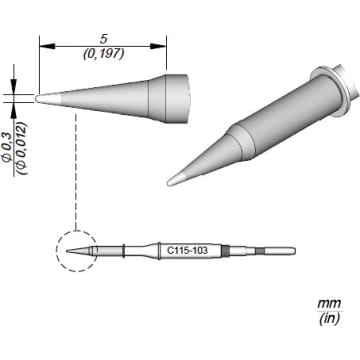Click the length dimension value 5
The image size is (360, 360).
click(104, 39)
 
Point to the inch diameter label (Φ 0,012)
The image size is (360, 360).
click(22, 149)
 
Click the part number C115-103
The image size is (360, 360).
click(187, 250)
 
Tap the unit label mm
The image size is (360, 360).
click(329, 304)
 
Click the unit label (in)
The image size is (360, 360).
click(329, 319)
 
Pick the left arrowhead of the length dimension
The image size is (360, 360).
click(47, 46)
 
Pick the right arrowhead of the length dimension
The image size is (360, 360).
click(159, 46)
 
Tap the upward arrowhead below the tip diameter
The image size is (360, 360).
click(14, 110)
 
